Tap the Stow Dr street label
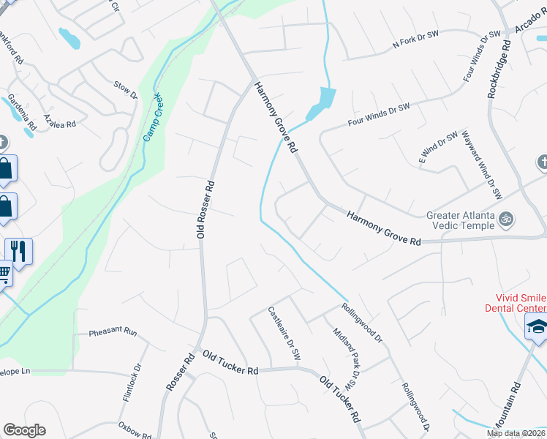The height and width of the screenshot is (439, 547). point(126,89)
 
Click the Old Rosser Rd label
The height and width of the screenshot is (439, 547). point(205,209)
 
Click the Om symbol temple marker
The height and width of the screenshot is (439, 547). point(505,218)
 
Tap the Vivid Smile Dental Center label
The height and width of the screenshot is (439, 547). point(516,303)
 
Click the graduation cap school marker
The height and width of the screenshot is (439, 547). point(536,327)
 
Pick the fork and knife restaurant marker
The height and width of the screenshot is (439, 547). point(18,251)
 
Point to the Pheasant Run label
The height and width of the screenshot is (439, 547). point(113,332)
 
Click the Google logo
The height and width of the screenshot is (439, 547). point(24,430)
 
